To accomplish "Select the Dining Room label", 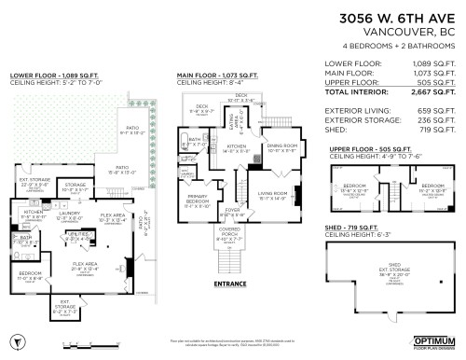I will click(281, 147).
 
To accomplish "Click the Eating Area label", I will click(233, 121).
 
